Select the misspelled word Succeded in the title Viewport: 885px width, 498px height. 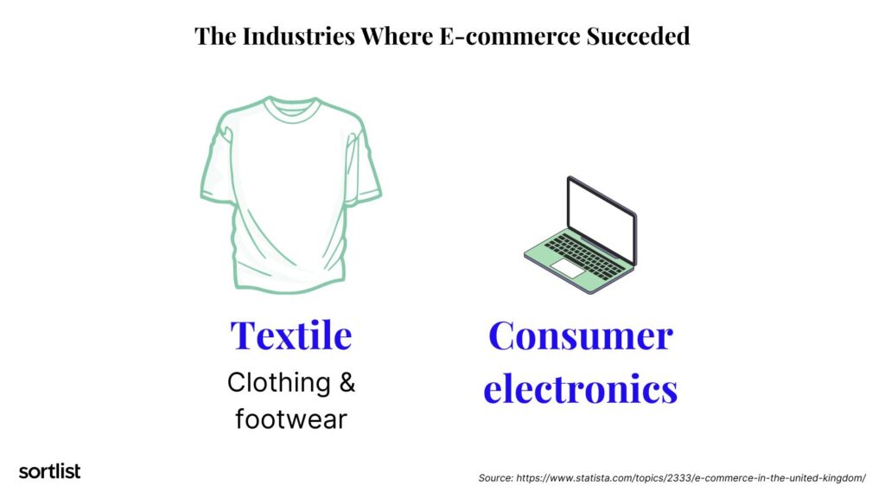tap(643, 36)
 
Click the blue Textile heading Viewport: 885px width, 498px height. tap(291, 335)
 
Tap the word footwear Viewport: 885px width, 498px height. tap(291, 419)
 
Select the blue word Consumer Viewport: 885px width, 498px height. tap(580, 335)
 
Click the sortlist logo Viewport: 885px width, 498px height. tap(49, 471)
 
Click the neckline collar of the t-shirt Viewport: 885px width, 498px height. tap(290, 105)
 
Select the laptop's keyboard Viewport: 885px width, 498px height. tap(587, 253)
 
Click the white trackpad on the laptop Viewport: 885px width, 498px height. tap(569, 269)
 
